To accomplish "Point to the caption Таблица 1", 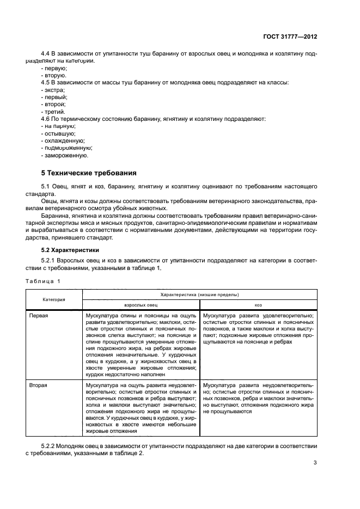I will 43,281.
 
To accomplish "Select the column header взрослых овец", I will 141,306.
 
